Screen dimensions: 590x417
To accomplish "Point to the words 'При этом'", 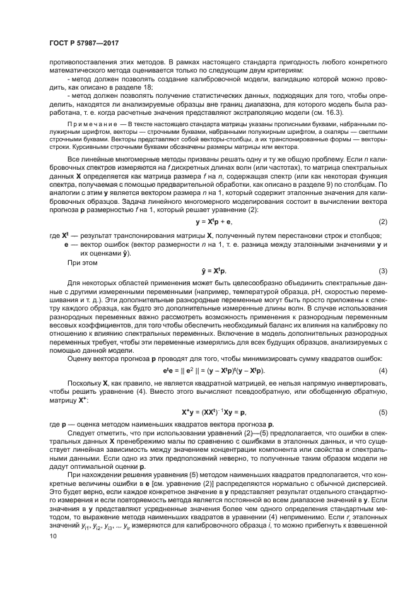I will (x=81, y=259).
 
